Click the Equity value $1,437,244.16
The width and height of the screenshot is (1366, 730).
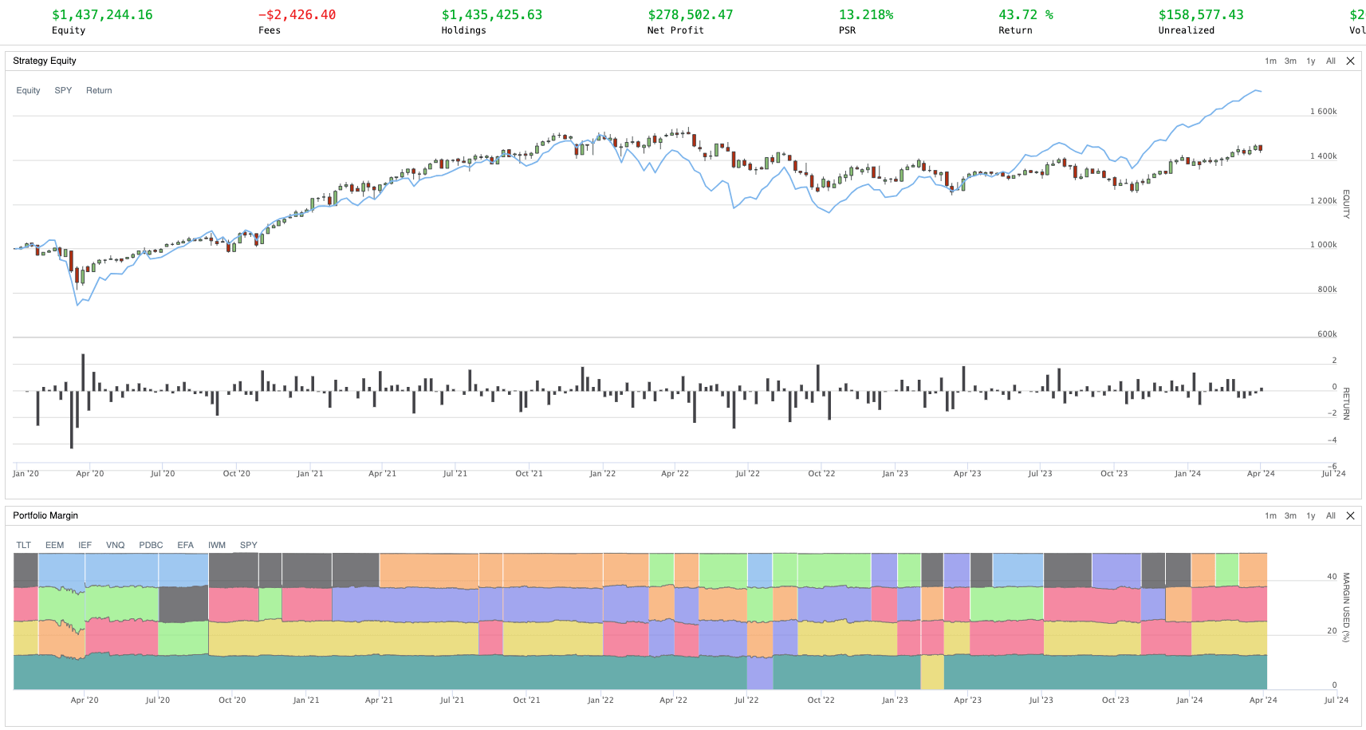102,15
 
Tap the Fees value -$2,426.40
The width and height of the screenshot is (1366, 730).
297,15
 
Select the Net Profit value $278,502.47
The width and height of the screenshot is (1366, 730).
690,15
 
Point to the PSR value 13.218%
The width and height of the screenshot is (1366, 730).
865,15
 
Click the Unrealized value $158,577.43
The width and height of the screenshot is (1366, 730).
1200,15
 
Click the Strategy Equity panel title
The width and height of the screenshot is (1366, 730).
45,61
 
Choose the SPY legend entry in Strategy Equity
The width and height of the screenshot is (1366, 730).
63,91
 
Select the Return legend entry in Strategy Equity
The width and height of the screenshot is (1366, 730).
99,91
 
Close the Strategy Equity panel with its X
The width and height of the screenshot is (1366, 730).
1350,61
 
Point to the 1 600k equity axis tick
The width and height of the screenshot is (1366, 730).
1323,112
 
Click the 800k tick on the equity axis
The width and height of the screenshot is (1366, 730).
1327,290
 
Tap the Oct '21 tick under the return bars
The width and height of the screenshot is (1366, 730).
529,474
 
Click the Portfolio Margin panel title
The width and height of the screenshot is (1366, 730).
45,515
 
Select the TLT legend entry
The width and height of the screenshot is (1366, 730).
24,546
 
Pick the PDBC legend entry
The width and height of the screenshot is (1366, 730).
151,546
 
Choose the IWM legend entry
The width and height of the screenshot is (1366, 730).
217,546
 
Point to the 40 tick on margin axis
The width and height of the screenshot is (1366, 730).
1332,577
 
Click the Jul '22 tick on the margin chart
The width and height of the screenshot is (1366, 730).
746,700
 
